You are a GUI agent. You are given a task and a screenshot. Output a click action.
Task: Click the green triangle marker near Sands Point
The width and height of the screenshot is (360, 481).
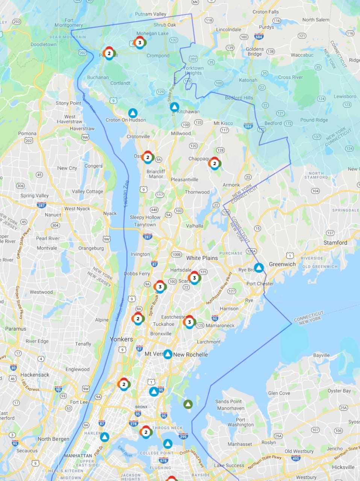(x=188, y=404)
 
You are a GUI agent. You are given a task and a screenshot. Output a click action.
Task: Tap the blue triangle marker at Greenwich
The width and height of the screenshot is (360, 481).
(x=259, y=268)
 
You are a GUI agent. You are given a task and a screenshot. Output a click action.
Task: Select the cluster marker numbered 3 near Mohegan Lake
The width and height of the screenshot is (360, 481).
(x=140, y=43)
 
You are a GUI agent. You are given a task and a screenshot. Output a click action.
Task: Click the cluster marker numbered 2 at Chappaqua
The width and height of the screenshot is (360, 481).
(x=215, y=163)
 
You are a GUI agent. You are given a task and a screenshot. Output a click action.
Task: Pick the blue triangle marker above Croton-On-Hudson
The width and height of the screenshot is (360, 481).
(x=133, y=113)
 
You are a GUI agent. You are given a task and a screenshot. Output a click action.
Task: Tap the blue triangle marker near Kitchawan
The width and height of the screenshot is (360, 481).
(x=174, y=107)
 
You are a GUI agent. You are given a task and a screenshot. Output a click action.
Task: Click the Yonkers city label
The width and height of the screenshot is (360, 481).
(x=121, y=339)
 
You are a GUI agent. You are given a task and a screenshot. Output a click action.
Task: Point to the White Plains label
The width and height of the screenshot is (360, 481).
(x=202, y=258)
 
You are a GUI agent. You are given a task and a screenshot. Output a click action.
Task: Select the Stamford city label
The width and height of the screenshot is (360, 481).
(x=335, y=243)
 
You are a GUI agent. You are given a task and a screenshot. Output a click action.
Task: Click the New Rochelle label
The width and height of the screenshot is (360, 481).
(x=191, y=354)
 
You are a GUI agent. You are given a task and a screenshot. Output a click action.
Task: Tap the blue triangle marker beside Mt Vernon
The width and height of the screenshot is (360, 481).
(x=168, y=354)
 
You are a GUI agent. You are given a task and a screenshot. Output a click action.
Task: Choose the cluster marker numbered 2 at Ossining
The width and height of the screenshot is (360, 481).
(x=148, y=157)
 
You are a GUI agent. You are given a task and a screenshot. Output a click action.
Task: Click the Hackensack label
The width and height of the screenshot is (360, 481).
(x=35, y=375)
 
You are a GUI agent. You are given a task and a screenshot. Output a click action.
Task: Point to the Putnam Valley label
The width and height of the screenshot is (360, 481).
(x=150, y=14)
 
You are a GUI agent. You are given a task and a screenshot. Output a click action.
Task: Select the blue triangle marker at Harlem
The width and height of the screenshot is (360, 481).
(x=105, y=437)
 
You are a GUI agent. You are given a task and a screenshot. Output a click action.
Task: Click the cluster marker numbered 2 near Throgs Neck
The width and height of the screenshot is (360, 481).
(x=146, y=432)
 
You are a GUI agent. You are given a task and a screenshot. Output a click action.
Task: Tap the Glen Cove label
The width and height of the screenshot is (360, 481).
(x=279, y=393)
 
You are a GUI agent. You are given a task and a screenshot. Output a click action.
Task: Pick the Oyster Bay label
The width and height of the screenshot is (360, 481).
(x=339, y=391)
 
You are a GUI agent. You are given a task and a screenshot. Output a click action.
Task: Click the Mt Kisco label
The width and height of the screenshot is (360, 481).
(x=223, y=123)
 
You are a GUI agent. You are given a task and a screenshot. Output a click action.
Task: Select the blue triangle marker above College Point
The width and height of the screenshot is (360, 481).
(x=168, y=444)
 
